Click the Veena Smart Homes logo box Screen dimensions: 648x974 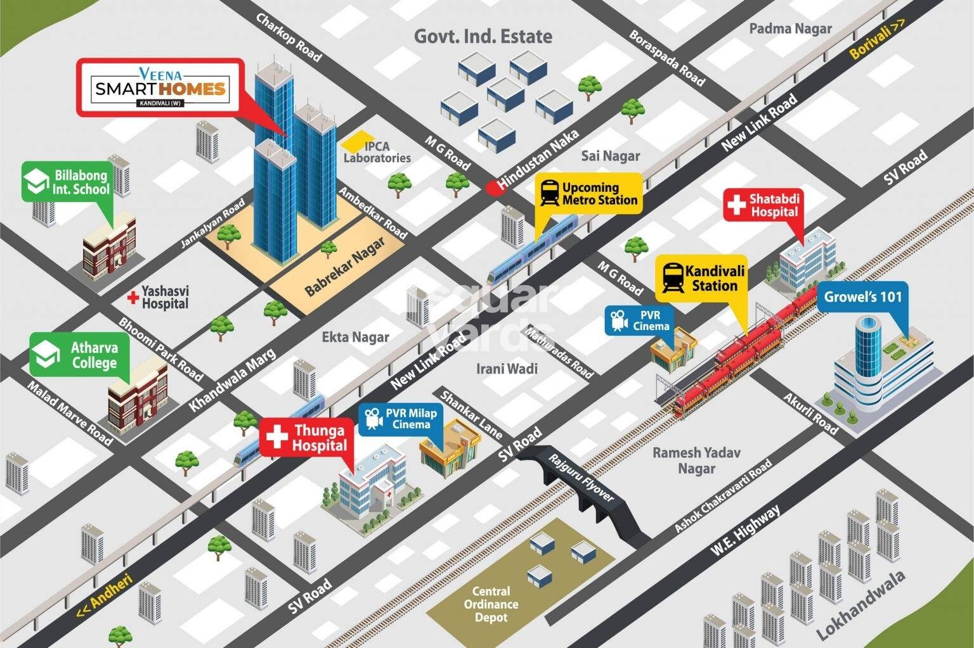click(160, 87)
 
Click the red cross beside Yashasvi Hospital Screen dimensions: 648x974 click(133, 296)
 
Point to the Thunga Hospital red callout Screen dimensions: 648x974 click(306, 438)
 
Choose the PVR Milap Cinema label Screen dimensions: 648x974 click(401, 419)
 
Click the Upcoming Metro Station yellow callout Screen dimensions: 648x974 click(588, 193)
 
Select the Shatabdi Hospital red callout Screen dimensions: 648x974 click(763, 205)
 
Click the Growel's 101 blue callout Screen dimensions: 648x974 click(862, 296)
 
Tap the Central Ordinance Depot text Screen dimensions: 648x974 click(491, 604)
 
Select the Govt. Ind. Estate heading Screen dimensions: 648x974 click(483, 36)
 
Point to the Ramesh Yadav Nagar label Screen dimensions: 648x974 click(696, 461)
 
